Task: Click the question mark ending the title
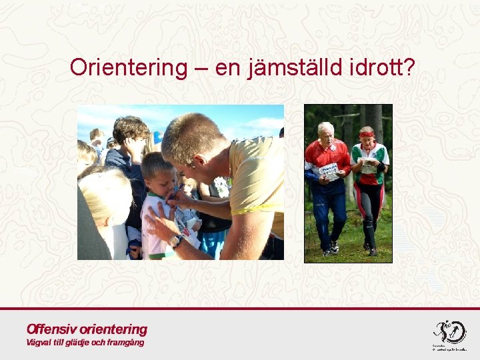[408, 67]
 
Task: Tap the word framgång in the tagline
[123, 343]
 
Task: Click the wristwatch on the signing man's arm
[175, 241]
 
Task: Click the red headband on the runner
[367, 134]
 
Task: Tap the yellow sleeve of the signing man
[257, 175]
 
